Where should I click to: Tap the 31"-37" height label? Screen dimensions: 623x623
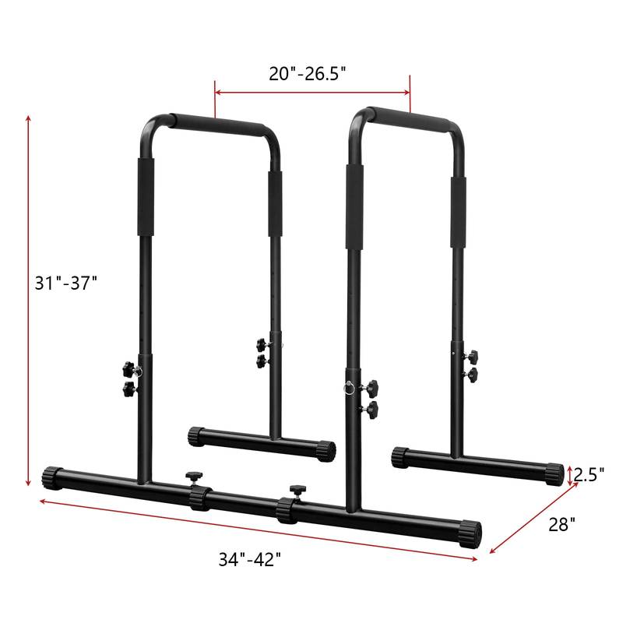coord(65,283)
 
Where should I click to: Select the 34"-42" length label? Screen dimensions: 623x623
coord(250,560)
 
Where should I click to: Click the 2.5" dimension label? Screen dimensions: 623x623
coord(590,473)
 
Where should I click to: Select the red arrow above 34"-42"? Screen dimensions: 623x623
coord(257,530)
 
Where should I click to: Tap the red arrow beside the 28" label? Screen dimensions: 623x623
coord(533,519)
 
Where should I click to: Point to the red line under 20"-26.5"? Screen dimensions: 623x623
coord(312,92)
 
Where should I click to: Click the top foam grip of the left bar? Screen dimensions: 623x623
coord(218,125)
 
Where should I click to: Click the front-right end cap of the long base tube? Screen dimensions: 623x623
coord(472,533)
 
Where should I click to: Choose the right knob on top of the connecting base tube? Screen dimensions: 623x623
coord(296,491)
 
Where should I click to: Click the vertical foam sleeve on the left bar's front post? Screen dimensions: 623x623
coord(146,197)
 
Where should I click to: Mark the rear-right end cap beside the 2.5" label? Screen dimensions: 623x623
coord(554,473)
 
